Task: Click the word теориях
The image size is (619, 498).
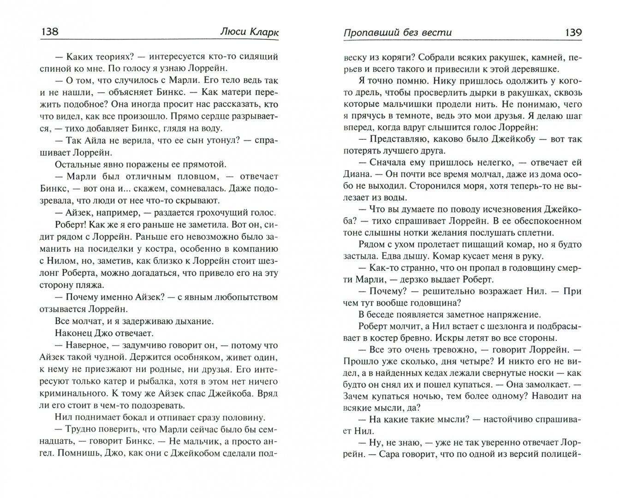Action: tap(107, 57)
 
